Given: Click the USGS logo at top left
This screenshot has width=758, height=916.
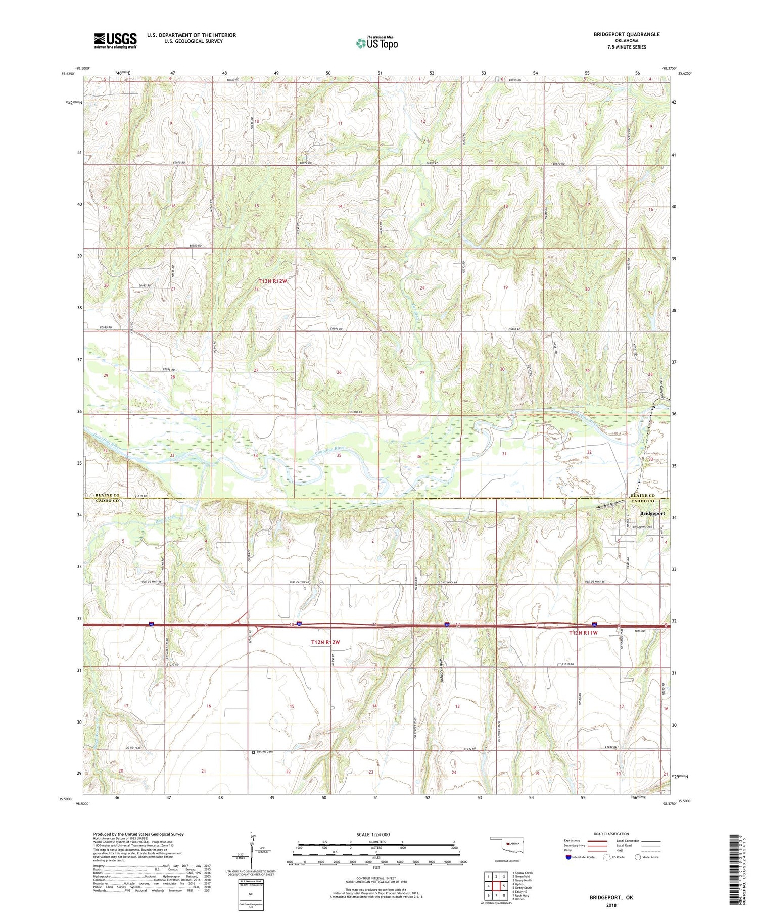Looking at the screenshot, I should pyautogui.click(x=115, y=40).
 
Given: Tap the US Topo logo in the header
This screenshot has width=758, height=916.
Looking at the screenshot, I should pyautogui.click(x=376, y=43).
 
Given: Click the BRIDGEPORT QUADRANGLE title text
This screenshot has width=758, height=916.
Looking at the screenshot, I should pyautogui.click(x=620, y=34).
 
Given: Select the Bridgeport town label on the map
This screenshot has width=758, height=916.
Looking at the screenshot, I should pyautogui.click(x=652, y=513).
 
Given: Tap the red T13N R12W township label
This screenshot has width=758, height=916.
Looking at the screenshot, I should pyautogui.click(x=272, y=281).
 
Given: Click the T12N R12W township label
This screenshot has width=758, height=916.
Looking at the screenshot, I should pyautogui.click(x=325, y=642).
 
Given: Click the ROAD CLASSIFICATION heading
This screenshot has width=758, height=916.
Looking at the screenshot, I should pyautogui.click(x=611, y=834).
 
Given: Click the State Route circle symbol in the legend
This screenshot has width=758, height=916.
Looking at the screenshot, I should pyautogui.click(x=638, y=857).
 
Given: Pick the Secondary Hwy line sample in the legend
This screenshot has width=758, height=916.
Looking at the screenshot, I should pyautogui.click(x=600, y=846).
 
